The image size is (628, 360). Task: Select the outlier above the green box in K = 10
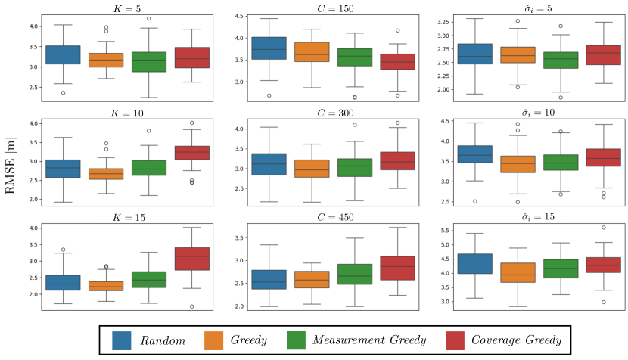149,131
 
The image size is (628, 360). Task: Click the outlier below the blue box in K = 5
64,92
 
